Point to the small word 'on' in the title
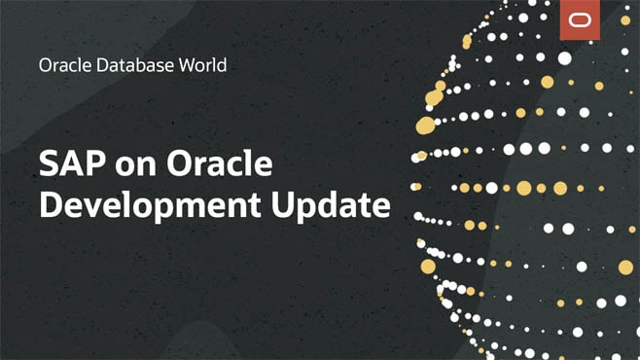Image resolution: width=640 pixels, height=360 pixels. point(133,167)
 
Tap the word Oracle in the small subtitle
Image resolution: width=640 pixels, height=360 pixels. point(60,66)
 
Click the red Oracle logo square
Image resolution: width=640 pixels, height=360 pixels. point(581,20)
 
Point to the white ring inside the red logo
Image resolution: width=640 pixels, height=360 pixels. point(581,20)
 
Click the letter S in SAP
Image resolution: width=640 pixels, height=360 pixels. point(50,164)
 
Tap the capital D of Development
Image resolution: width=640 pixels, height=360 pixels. point(51,205)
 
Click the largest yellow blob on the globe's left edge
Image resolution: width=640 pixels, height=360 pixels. point(425,125)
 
